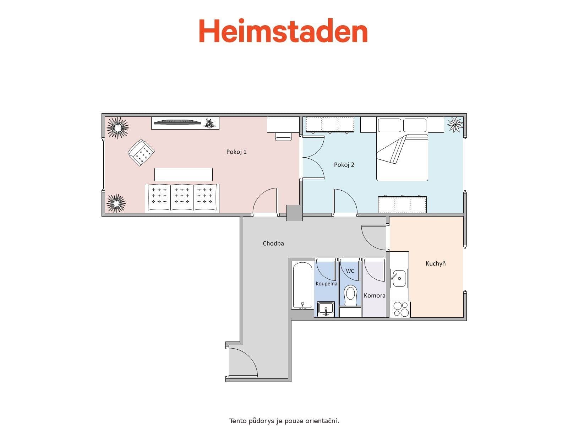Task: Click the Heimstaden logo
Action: coord(283,31)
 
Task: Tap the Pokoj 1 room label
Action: coord(236,152)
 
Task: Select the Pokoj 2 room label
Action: coord(344,165)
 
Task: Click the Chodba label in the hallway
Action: coord(273,244)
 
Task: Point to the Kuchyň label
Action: coord(436,263)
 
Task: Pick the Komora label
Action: coord(375,295)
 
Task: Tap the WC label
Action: coord(350,271)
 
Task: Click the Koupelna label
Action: coord(326,284)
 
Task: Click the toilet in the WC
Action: coord(350,295)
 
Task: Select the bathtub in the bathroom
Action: coord(302,285)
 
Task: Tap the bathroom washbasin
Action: coord(326,308)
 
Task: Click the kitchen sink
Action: coord(399,278)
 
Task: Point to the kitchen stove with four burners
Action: coord(400,309)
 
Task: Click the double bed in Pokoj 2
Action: coord(402,149)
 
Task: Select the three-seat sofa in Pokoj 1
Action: coord(182,198)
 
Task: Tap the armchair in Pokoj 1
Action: coord(141,152)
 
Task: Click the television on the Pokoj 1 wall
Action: coord(177,122)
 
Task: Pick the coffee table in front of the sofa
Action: coord(183,174)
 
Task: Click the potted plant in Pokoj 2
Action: coord(455,124)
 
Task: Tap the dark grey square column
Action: coord(294,213)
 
